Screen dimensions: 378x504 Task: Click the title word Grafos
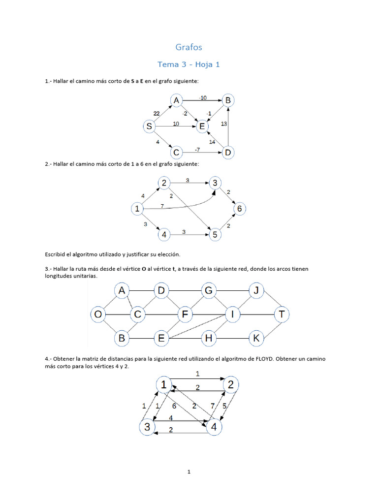coord(189,47)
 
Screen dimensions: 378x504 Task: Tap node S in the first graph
coord(149,127)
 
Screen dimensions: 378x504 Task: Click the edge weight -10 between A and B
coord(202,97)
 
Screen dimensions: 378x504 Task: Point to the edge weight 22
coord(157,113)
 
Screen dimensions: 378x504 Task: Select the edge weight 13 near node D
coord(224,124)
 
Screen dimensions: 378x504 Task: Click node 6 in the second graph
coord(239,209)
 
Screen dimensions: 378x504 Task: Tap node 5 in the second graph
coord(215,235)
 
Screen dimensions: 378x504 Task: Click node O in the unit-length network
coord(98,314)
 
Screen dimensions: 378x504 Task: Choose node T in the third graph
coord(282,314)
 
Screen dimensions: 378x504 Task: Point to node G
coord(209,291)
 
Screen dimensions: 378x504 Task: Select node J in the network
coord(256,291)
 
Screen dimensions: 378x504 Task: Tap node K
coord(256,338)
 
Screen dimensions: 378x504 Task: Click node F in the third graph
coord(185,314)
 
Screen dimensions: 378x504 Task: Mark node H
coord(209,338)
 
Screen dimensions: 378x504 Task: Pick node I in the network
coord(233,314)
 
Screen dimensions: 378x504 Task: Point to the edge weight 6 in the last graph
coord(174,406)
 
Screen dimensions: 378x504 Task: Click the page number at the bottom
coord(189,472)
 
